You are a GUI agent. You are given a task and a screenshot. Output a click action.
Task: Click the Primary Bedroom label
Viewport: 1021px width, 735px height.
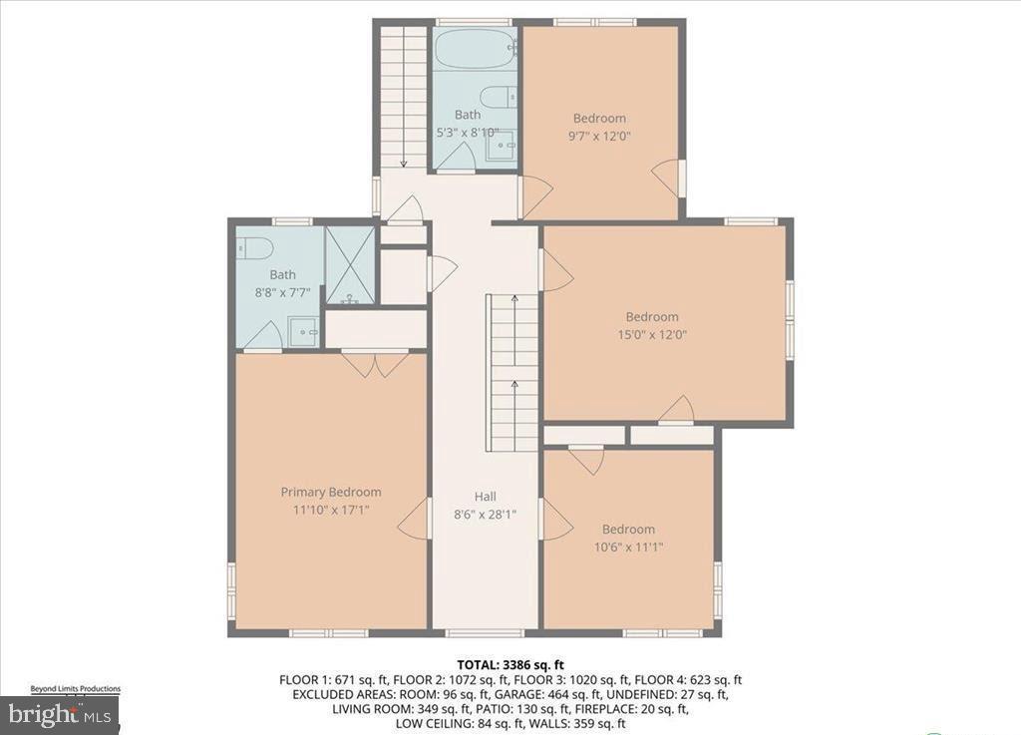330,492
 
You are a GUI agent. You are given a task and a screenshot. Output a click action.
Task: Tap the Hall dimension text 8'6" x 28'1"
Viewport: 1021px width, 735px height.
485,515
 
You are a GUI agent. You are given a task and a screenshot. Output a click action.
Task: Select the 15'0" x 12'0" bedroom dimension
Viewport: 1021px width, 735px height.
652,334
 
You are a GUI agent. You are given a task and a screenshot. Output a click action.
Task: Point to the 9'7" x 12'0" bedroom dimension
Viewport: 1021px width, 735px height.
598,136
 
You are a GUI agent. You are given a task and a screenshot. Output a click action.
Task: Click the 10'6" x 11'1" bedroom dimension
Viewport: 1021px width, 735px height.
628,547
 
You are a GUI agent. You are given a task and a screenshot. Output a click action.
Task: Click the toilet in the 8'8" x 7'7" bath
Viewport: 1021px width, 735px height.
249,248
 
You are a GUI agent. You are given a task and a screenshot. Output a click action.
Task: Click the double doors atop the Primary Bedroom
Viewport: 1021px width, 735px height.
376,363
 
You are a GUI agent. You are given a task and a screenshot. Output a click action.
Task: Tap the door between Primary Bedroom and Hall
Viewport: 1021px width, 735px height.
414,520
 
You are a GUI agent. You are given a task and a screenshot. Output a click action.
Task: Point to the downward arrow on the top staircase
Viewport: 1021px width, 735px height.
404,160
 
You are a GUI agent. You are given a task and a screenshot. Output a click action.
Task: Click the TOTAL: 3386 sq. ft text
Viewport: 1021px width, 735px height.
510,664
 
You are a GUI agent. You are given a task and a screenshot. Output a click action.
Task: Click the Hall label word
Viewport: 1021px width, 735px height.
485,497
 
